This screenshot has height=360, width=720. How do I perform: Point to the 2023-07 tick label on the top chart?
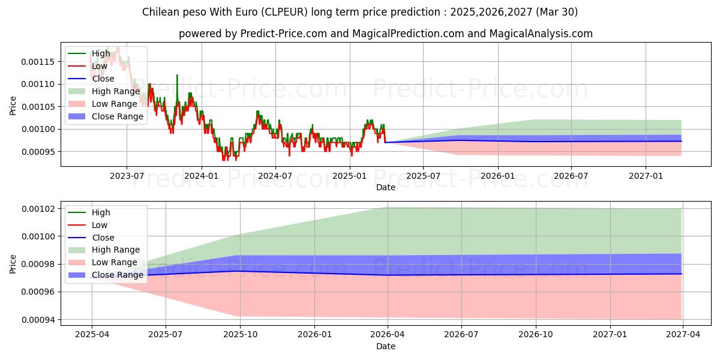pyautogui.click(x=127, y=176)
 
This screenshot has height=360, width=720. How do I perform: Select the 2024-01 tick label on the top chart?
pyautogui.click(x=200, y=176)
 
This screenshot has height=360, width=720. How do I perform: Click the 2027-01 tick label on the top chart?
pyautogui.click(x=646, y=176)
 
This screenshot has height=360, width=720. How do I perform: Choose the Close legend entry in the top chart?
pyautogui.click(x=103, y=79)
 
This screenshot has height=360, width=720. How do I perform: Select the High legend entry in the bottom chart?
pyautogui.click(x=101, y=212)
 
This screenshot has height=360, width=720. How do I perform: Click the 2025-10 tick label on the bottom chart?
pyautogui.click(x=239, y=335)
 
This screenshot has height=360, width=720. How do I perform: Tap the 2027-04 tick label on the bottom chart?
pyautogui.click(x=683, y=335)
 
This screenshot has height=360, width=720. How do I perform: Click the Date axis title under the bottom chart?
pyautogui.click(x=385, y=346)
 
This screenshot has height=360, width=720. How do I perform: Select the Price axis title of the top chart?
pyautogui.click(x=13, y=106)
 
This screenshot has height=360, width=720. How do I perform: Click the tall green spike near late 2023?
pyautogui.click(x=177, y=76)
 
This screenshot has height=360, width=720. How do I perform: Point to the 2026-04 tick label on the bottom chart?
pyautogui.click(x=388, y=335)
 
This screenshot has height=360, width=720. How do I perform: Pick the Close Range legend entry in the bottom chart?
pyautogui.click(x=118, y=275)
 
